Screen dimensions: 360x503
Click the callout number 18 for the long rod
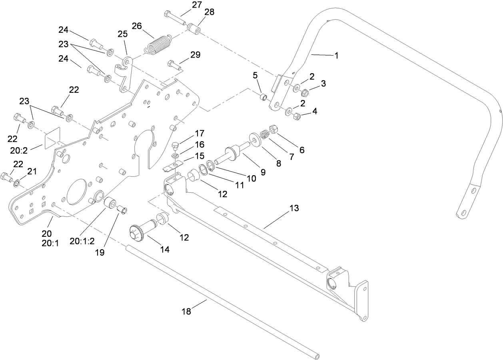[x=186, y=312]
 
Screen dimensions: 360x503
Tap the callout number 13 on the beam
[x=294, y=208]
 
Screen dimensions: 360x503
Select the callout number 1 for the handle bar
[x=336, y=56]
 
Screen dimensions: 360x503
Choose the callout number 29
[x=195, y=54]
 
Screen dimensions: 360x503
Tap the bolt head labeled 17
[x=175, y=145]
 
